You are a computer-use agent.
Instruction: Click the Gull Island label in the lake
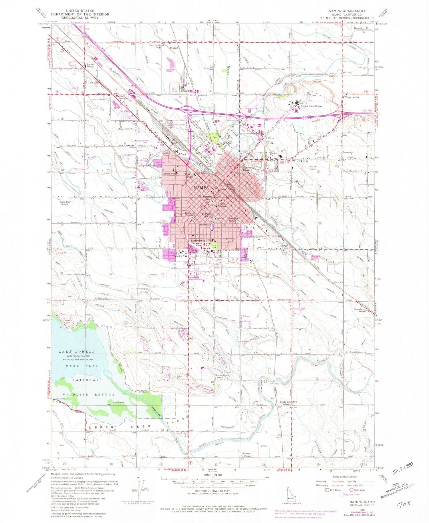coord(118,402)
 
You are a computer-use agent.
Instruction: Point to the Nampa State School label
coord(311,106)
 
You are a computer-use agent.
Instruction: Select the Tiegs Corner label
coord(352,97)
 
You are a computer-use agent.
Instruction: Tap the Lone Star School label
coord(65,203)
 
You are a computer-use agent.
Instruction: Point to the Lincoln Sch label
coord(169,173)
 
